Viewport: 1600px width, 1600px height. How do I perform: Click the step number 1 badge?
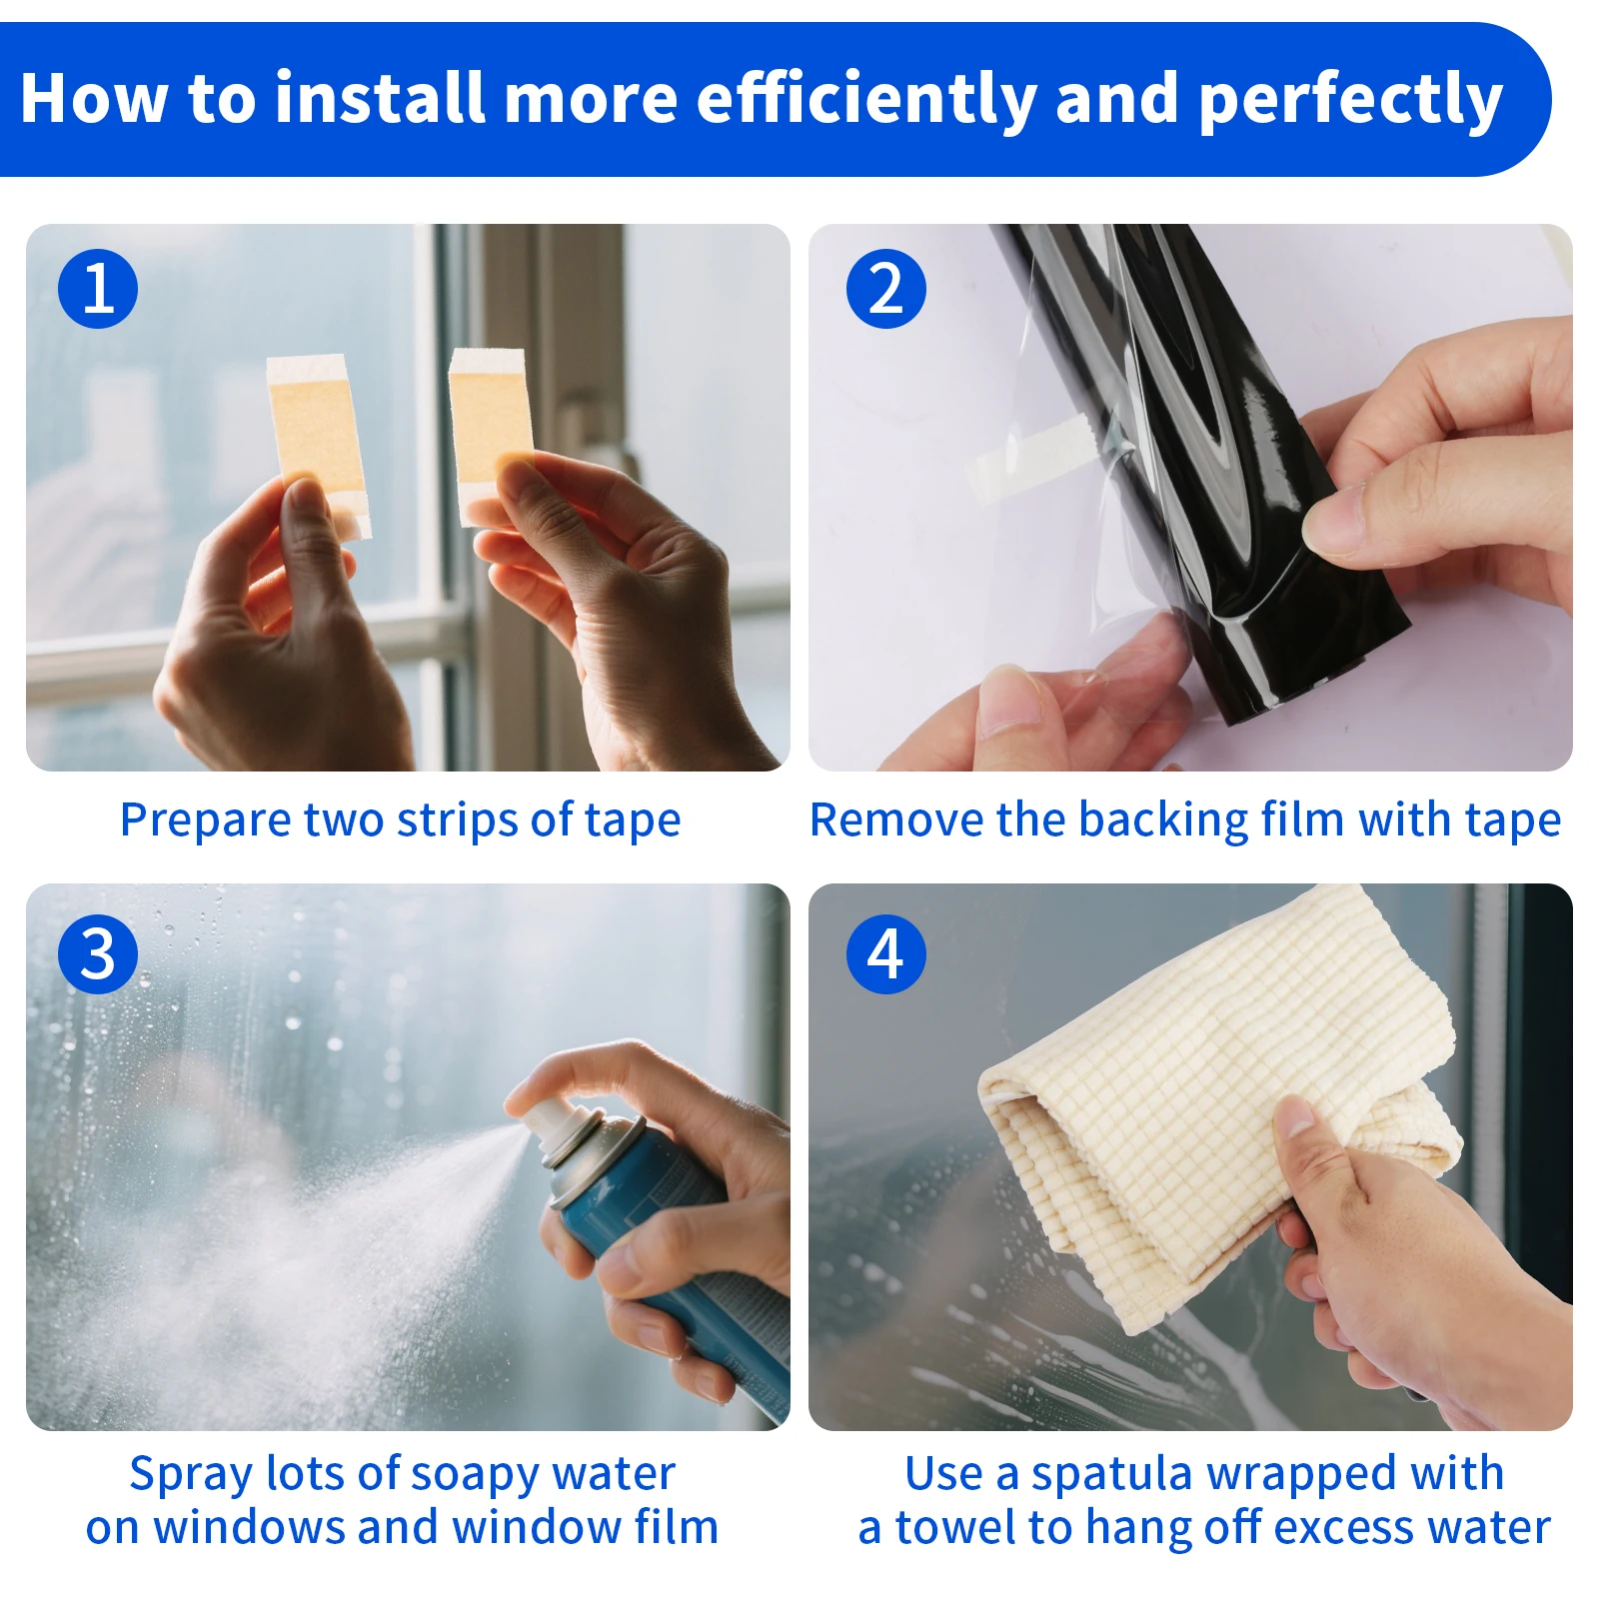point(98,289)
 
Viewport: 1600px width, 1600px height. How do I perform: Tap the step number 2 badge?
point(886,289)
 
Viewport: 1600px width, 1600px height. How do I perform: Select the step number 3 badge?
point(98,953)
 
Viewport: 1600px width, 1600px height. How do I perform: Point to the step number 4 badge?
point(886,953)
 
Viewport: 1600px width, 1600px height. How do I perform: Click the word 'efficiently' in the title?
point(866,99)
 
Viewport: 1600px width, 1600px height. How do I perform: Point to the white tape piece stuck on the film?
point(1029,459)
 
